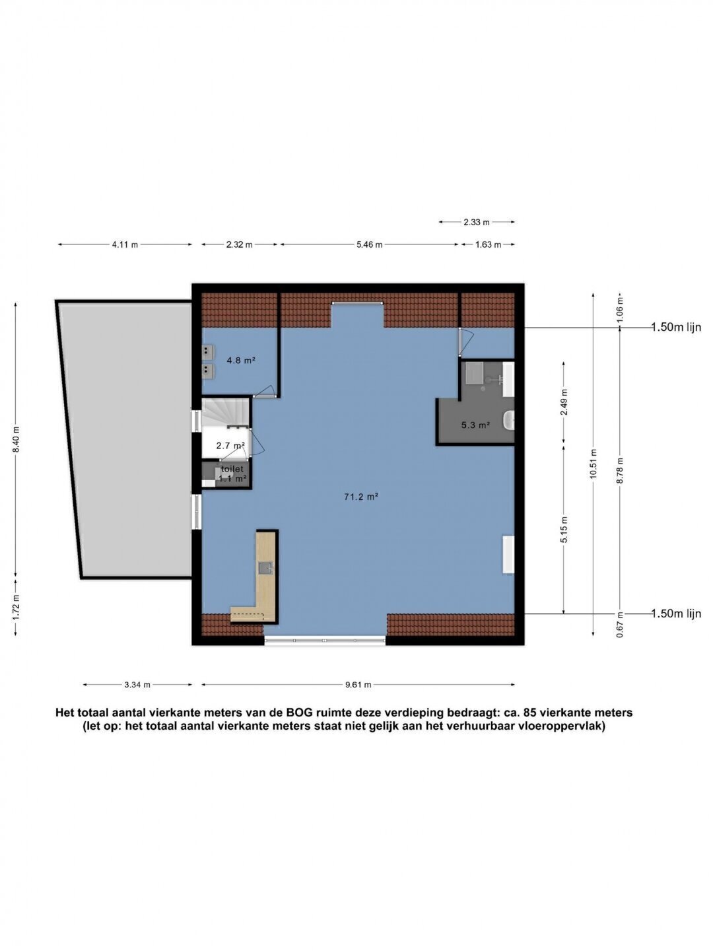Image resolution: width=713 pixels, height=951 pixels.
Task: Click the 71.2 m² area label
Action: pyautogui.click(x=361, y=497)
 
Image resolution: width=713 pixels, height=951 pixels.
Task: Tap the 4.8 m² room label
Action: pyautogui.click(x=241, y=360)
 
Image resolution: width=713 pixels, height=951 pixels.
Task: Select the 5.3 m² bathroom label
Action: pyautogui.click(x=475, y=425)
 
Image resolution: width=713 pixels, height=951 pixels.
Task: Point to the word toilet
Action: pyautogui.click(x=232, y=469)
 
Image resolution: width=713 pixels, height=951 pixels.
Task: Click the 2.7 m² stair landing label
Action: pyautogui.click(x=231, y=445)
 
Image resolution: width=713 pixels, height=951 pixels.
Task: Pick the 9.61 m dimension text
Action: pyautogui.click(x=358, y=685)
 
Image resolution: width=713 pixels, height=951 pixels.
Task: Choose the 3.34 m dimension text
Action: pyautogui.click(x=137, y=685)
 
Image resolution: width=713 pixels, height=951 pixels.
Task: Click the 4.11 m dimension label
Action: pyautogui.click(x=125, y=245)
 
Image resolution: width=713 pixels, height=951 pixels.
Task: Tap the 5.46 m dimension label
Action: pyautogui.click(x=369, y=245)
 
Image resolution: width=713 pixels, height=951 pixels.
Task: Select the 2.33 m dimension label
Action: pyautogui.click(x=477, y=223)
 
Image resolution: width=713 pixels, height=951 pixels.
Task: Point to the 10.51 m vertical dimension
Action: pyautogui.click(x=593, y=464)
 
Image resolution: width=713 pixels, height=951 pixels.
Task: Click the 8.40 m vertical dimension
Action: pyautogui.click(x=16, y=440)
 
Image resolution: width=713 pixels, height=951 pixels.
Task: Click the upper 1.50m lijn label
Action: pyautogui.click(x=676, y=328)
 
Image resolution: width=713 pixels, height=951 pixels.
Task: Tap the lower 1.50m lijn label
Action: pyautogui.click(x=676, y=614)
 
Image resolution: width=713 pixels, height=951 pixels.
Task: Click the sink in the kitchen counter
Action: pyautogui.click(x=265, y=567)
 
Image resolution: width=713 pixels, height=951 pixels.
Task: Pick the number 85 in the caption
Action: pyautogui.click(x=530, y=713)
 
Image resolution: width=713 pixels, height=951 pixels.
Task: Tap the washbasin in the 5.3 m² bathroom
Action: pyautogui.click(x=509, y=420)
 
